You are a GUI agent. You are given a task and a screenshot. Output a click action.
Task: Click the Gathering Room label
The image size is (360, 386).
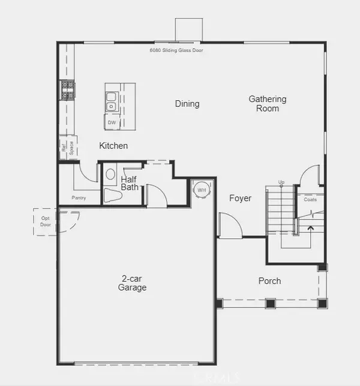268,103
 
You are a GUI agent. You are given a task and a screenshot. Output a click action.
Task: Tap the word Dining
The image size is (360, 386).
187,104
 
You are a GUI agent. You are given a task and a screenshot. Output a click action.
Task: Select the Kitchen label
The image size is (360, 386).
113,146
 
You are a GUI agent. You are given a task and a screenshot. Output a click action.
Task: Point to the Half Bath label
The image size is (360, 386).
130,183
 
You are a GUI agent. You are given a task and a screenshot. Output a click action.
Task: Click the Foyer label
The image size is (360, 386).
240,198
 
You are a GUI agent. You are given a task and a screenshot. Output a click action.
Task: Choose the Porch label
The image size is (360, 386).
269,281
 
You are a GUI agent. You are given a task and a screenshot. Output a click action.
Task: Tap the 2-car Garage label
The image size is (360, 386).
133,283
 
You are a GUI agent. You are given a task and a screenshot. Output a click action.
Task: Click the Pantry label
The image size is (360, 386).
79,198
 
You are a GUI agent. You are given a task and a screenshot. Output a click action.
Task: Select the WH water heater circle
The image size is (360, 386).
200,190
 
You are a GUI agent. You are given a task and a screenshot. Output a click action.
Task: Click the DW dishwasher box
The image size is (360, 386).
112,122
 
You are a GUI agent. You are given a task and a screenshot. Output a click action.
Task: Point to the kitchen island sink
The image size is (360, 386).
111,101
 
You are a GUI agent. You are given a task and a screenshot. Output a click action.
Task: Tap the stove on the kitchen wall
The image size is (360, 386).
67,90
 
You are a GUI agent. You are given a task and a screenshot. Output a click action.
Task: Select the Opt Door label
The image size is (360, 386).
45,220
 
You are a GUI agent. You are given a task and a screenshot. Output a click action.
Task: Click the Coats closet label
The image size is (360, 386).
310,200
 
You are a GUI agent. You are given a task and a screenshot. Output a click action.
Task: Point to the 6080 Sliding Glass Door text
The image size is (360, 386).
176,50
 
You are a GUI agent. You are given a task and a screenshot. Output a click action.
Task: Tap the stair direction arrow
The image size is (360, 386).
310,228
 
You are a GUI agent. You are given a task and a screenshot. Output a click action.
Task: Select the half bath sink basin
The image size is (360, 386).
110,175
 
